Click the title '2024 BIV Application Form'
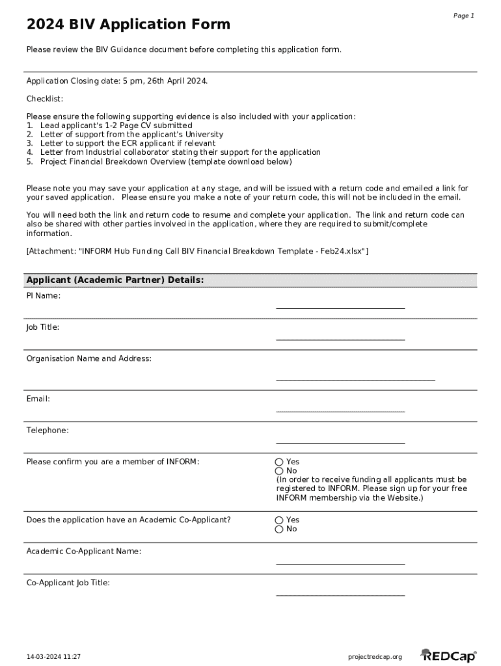128,25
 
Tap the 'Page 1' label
463,16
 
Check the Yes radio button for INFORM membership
279,462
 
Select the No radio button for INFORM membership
279,471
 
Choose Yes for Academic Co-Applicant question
279,520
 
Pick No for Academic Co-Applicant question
279,529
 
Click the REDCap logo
448,656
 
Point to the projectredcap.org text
375,657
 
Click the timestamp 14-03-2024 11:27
53,657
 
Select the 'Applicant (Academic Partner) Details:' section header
115,280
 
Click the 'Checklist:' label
45,99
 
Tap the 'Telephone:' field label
47,431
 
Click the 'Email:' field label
38,399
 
